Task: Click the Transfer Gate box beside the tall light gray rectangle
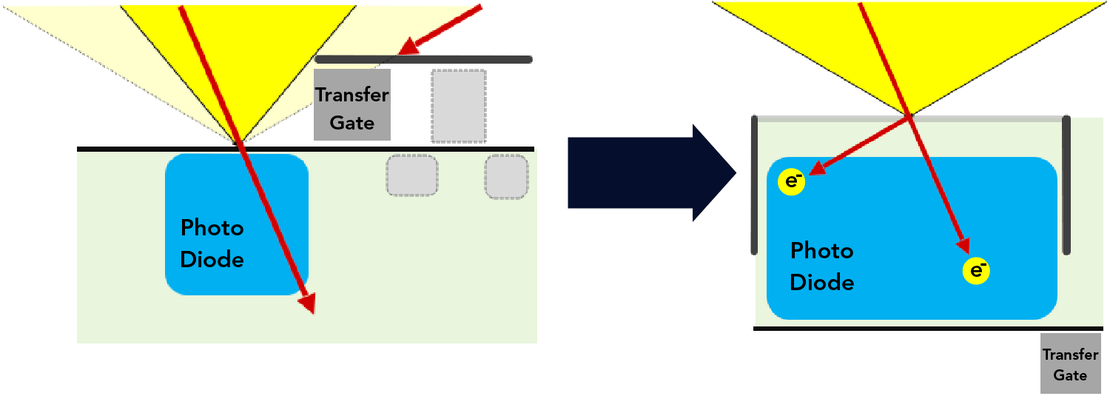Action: [352, 104]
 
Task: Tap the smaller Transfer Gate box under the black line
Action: [1070, 363]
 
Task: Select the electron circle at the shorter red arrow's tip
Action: [792, 182]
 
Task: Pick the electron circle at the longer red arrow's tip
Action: [976, 272]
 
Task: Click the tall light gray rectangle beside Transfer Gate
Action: [459, 105]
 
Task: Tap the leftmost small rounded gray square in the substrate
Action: [411, 175]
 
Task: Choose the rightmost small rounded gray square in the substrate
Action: [506, 176]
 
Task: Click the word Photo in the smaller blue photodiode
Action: [212, 228]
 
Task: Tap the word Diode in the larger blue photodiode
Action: [822, 283]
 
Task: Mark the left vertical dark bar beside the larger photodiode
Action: [754, 185]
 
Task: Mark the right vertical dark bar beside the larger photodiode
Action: [1066, 185]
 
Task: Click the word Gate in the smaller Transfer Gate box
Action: [1070, 375]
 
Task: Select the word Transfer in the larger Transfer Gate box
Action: [352, 95]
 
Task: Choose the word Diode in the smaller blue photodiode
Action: [212, 260]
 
